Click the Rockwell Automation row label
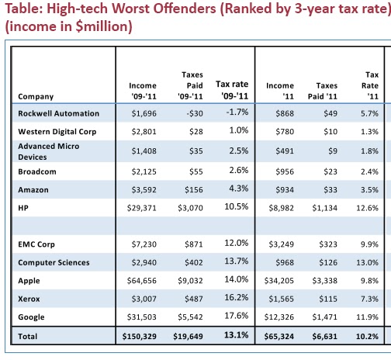coord(58,113)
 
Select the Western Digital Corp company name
coord(57,132)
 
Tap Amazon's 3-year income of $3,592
coord(144,190)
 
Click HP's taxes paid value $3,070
coord(190,208)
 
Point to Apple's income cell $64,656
coord(142,281)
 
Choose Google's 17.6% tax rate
coord(237,316)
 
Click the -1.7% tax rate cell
coord(237,112)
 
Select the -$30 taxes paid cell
coord(195,113)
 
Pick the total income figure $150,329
coord(140,336)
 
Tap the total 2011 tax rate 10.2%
coord(367,336)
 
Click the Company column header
coord(36,96)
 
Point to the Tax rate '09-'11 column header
coord(232,90)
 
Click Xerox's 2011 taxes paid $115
coord(328,299)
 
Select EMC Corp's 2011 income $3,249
coord(282,244)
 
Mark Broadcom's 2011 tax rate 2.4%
coord(369,171)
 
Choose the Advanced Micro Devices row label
coord(49,151)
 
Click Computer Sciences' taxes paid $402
coord(194,262)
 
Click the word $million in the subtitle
coord(104,26)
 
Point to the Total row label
coord(28,336)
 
